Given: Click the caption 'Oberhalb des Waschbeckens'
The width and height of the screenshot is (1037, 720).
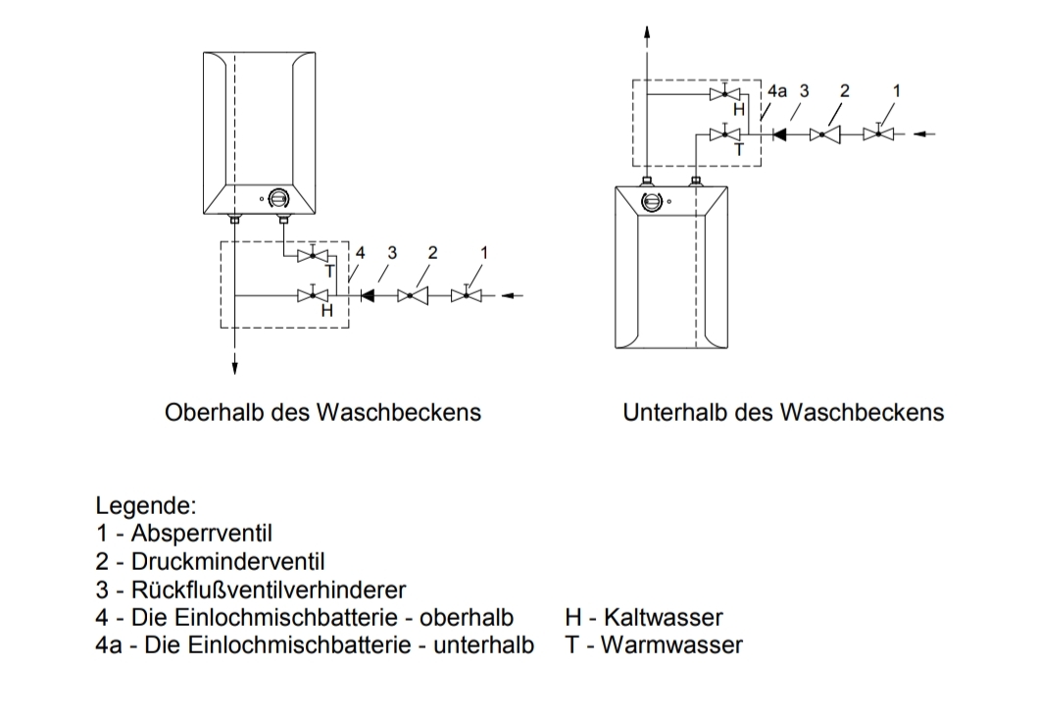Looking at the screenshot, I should [323, 412].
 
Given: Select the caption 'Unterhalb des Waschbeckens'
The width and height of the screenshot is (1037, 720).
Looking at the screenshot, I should [783, 412].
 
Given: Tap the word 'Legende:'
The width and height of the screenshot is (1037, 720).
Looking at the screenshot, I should [146, 507].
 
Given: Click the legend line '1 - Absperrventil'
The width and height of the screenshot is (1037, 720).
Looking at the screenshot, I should [183, 535].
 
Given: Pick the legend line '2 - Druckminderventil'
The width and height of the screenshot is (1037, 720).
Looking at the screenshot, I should [210, 562].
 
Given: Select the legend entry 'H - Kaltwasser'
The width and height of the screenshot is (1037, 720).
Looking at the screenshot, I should [644, 617].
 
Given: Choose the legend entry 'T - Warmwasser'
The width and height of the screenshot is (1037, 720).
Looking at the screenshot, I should [653, 644].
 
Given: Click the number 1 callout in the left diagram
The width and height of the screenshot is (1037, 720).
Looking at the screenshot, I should [483, 252].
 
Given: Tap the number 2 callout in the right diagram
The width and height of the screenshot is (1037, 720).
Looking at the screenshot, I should [845, 90].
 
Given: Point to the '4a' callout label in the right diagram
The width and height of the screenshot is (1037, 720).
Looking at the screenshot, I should [776, 90].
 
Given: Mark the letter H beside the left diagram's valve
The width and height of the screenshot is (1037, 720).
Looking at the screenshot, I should [327, 310].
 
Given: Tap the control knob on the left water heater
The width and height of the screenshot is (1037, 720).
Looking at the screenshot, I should [278, 198].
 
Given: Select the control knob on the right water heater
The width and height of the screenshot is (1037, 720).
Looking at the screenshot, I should [651, 201].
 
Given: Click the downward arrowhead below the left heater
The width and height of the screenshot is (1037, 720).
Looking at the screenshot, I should [235, 368].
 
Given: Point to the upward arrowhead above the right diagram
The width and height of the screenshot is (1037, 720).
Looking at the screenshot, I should [646, 30].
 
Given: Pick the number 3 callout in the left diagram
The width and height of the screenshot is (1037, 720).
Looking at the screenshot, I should [392, 252].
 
